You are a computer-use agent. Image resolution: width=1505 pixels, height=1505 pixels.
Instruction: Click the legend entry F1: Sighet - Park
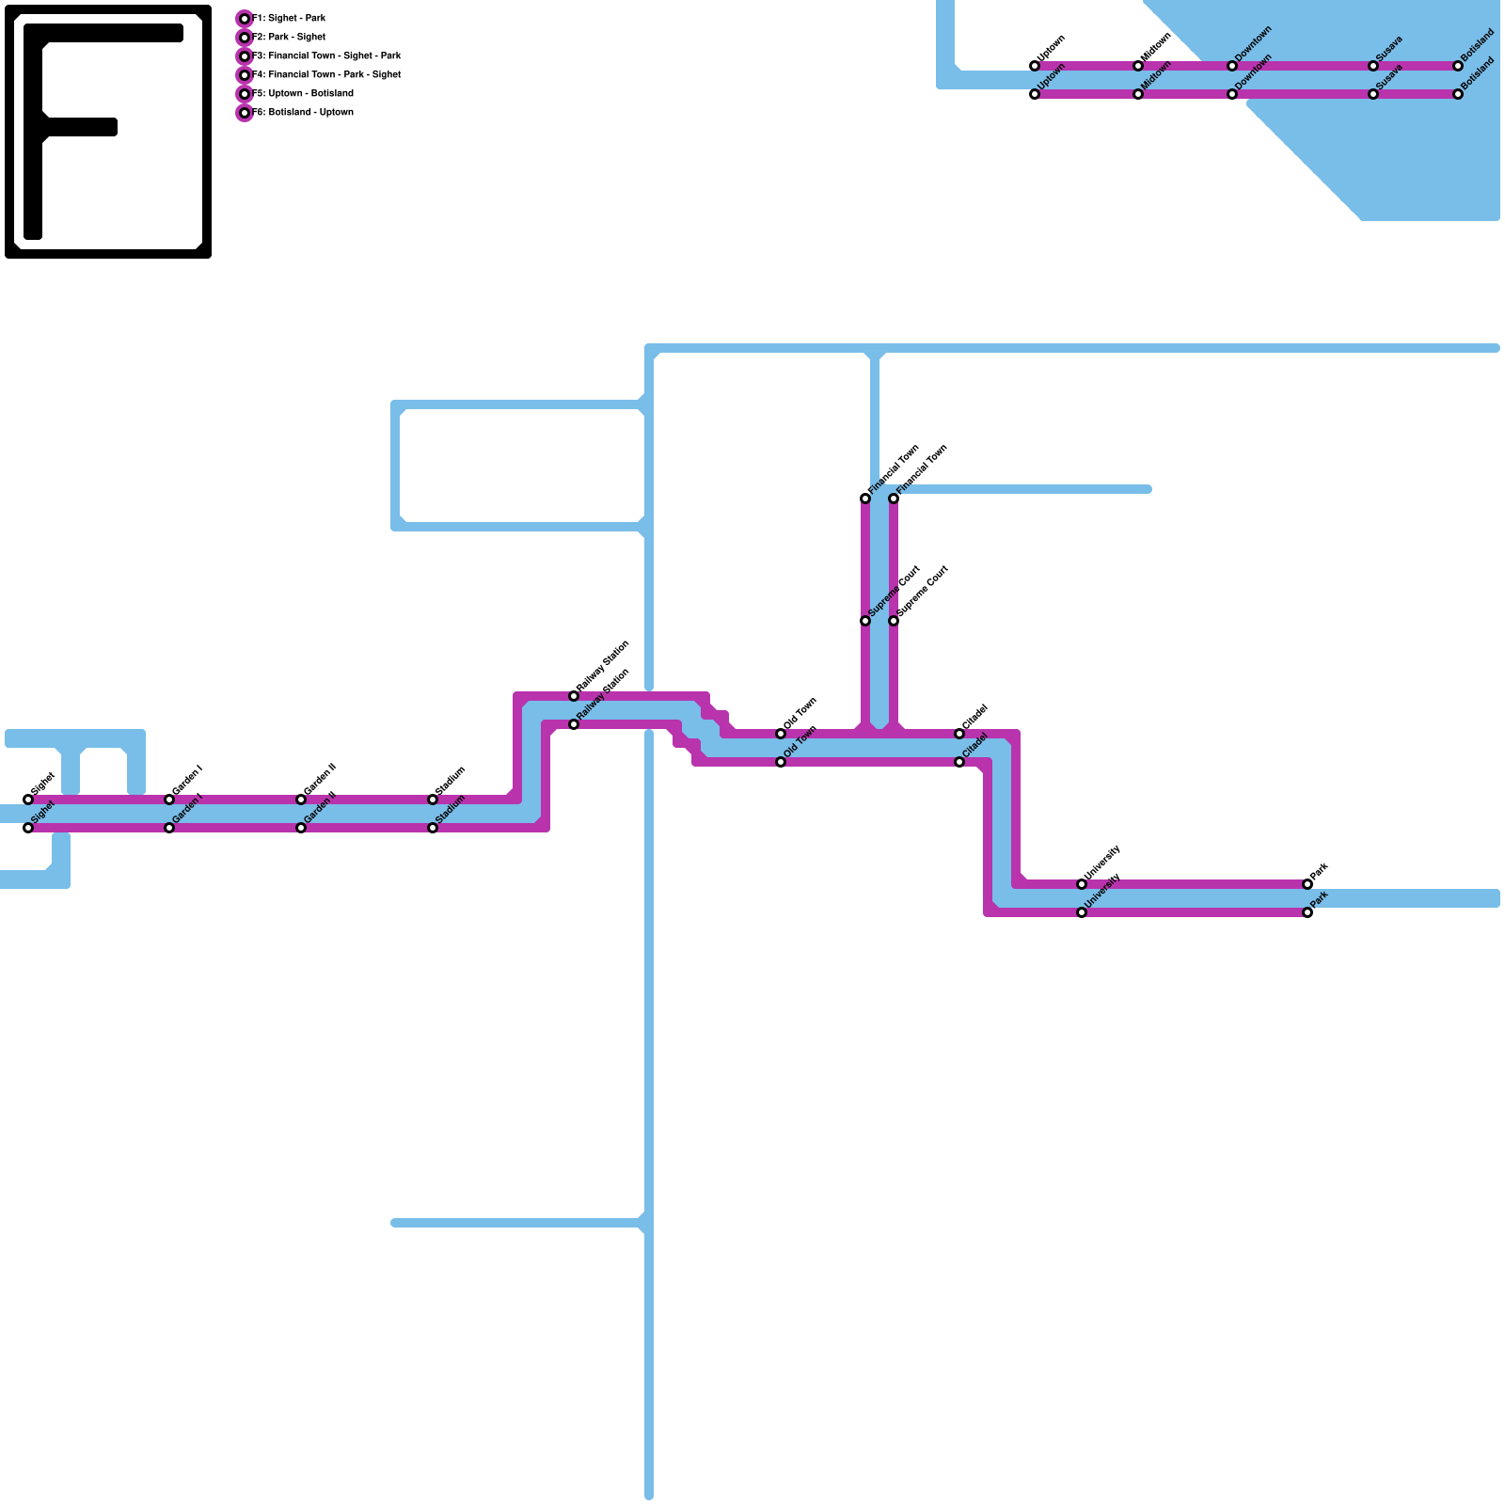pos(289,18)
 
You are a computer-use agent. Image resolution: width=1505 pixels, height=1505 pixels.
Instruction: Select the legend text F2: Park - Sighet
pos(289,37)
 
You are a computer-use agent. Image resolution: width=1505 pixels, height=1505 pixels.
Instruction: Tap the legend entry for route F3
pos(326,55)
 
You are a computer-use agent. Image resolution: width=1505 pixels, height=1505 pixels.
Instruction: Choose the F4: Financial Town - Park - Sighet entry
pos(326,74)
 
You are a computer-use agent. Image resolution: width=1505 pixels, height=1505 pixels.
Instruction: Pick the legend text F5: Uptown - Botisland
pos(303,93)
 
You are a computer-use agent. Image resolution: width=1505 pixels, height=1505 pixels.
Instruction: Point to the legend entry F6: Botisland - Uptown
pos(303,112)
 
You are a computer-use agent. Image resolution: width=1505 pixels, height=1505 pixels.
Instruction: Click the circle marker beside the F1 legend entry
pos(245,19)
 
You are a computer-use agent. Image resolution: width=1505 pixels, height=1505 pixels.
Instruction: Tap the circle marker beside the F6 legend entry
pos(245,113)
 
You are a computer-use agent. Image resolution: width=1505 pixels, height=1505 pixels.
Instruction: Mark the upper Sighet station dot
pos(28,800)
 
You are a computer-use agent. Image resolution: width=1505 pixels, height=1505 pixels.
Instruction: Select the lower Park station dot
pos(1307,912)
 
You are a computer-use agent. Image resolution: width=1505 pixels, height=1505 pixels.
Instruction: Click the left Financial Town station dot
pos(865,499)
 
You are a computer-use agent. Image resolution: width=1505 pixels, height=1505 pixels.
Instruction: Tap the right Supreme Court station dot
pos(894,621)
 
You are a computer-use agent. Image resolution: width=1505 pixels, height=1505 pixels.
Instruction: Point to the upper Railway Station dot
pos(574,696)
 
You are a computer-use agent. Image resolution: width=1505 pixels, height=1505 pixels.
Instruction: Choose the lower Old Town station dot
pos(781,762)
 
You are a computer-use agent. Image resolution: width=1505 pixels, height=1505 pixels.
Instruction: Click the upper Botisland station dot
pos(1458,66)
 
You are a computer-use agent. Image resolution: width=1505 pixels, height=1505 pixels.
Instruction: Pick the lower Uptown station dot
pos(1035,94)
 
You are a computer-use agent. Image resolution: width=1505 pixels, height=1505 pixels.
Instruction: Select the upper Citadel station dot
pos(959,734)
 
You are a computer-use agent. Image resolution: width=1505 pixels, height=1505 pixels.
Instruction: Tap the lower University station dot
pos(1082,912)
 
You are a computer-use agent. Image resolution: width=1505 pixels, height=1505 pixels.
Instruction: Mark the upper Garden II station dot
pos(301,800)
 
